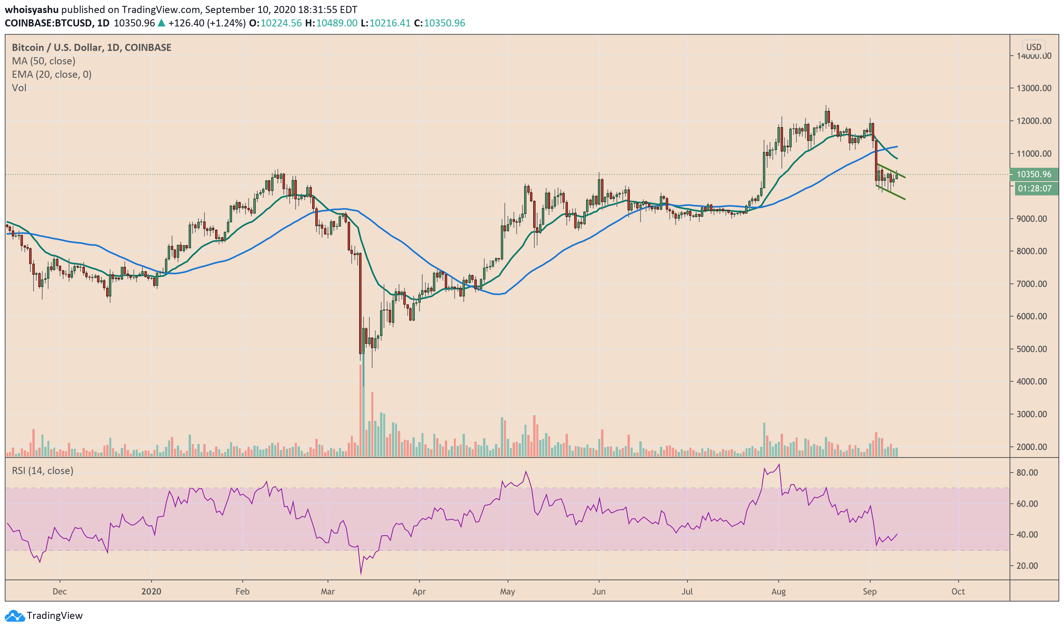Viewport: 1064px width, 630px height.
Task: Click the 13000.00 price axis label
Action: [1034, 88]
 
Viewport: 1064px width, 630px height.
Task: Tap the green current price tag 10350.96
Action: [1034, 174]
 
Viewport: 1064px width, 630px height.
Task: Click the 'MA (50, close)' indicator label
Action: [44, 61]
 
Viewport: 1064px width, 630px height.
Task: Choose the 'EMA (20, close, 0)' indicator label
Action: [52, 74]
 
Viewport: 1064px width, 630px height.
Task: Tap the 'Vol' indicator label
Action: [19, 88]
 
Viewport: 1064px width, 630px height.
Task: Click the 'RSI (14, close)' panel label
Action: [43, 471]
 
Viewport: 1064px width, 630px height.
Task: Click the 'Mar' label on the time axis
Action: [328, 591]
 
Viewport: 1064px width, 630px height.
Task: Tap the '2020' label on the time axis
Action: [151, 591]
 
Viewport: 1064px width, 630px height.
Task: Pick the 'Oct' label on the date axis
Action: [958, 591]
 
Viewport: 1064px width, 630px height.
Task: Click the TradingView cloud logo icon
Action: [15, 616]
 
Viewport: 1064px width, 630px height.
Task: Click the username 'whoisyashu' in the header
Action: [32, 9]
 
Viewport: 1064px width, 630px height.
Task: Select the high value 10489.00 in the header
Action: [337, 23]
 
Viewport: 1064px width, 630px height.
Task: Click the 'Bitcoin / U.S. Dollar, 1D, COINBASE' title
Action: [92, 47]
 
